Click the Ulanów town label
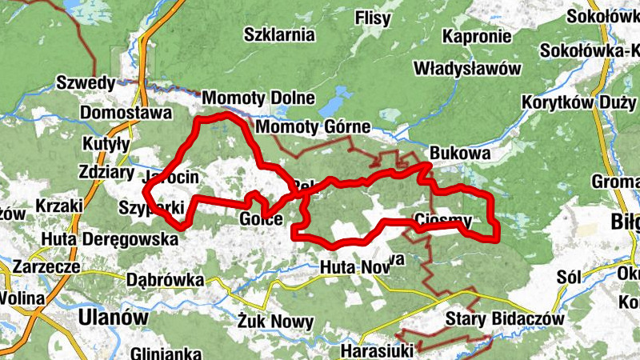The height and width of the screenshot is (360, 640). (x=114, y=318)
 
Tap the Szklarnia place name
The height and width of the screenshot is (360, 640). (x=279, y=35)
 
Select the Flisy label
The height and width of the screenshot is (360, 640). (x=373, y=18)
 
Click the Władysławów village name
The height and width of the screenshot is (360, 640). (x=468, y=68)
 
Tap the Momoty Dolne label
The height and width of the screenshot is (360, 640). (x=258, y=98)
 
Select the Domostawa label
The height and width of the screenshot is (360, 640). (x=126, y=113)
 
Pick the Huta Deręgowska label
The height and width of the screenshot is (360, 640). (x=110, y=238)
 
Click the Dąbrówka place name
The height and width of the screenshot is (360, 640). (x=166, y=281)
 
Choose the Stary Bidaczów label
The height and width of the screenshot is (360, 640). (x=506, y=318)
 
